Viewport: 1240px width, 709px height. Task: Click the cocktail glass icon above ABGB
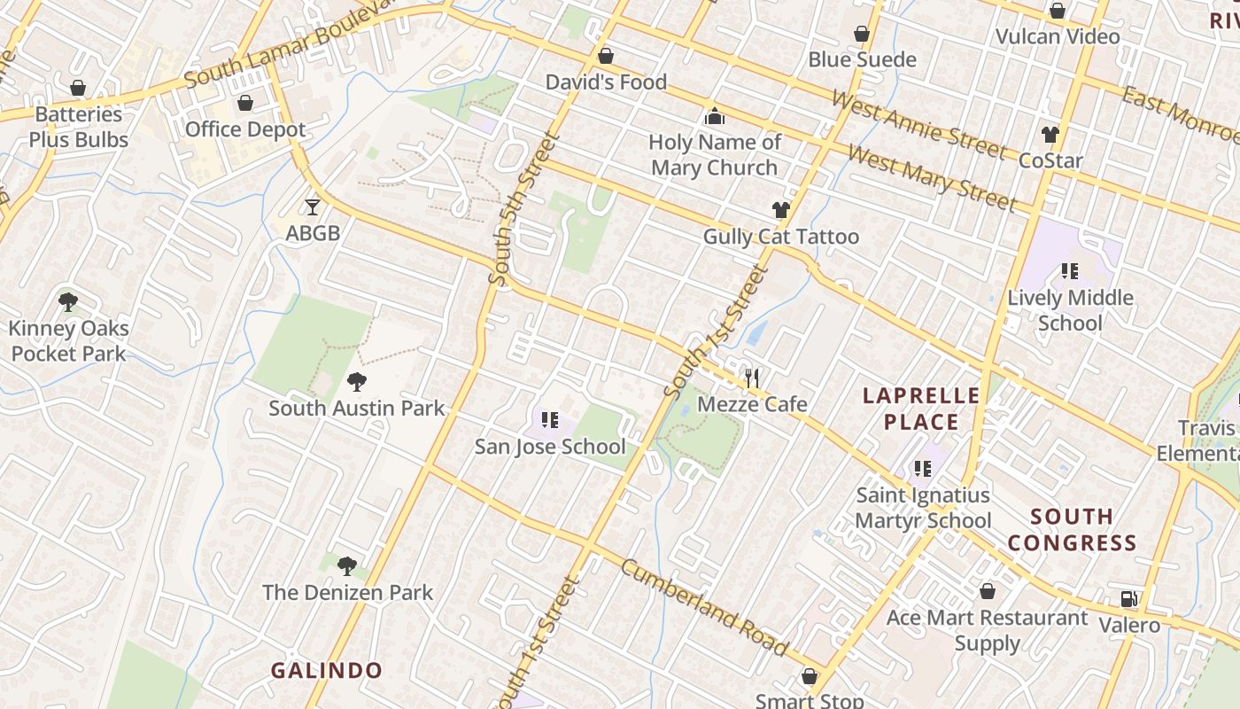coord(312,206)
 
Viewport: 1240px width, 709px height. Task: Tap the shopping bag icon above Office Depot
coord(245,103)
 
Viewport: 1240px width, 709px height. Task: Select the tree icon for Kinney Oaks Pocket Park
coord(68,302)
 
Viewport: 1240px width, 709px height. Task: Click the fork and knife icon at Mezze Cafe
coord(752,378)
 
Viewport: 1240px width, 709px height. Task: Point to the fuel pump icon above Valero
coord(1128,599)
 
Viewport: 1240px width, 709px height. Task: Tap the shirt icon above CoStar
coord(1050,135)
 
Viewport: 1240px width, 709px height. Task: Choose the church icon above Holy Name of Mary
coord(714,116)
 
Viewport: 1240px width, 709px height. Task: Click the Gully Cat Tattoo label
coord(780,237)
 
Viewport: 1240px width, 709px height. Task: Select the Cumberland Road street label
coord(704,608)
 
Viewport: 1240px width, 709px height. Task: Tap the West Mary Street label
coord(931,179)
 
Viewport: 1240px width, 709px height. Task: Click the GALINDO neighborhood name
coord(326,670)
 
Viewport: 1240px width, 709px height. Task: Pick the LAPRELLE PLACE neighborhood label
coord(920,409)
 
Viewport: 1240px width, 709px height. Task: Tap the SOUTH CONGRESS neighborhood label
coord(1072,529)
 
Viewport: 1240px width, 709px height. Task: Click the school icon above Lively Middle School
coord(1070,271)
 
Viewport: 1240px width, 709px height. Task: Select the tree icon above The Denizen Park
coord(347,566)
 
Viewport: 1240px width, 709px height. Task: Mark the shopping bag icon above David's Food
coord(606,56)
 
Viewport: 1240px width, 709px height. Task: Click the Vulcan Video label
coord(1058,36)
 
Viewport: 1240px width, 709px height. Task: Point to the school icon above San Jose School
coord(549,419)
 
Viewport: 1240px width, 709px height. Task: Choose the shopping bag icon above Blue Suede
coord(861,34)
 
